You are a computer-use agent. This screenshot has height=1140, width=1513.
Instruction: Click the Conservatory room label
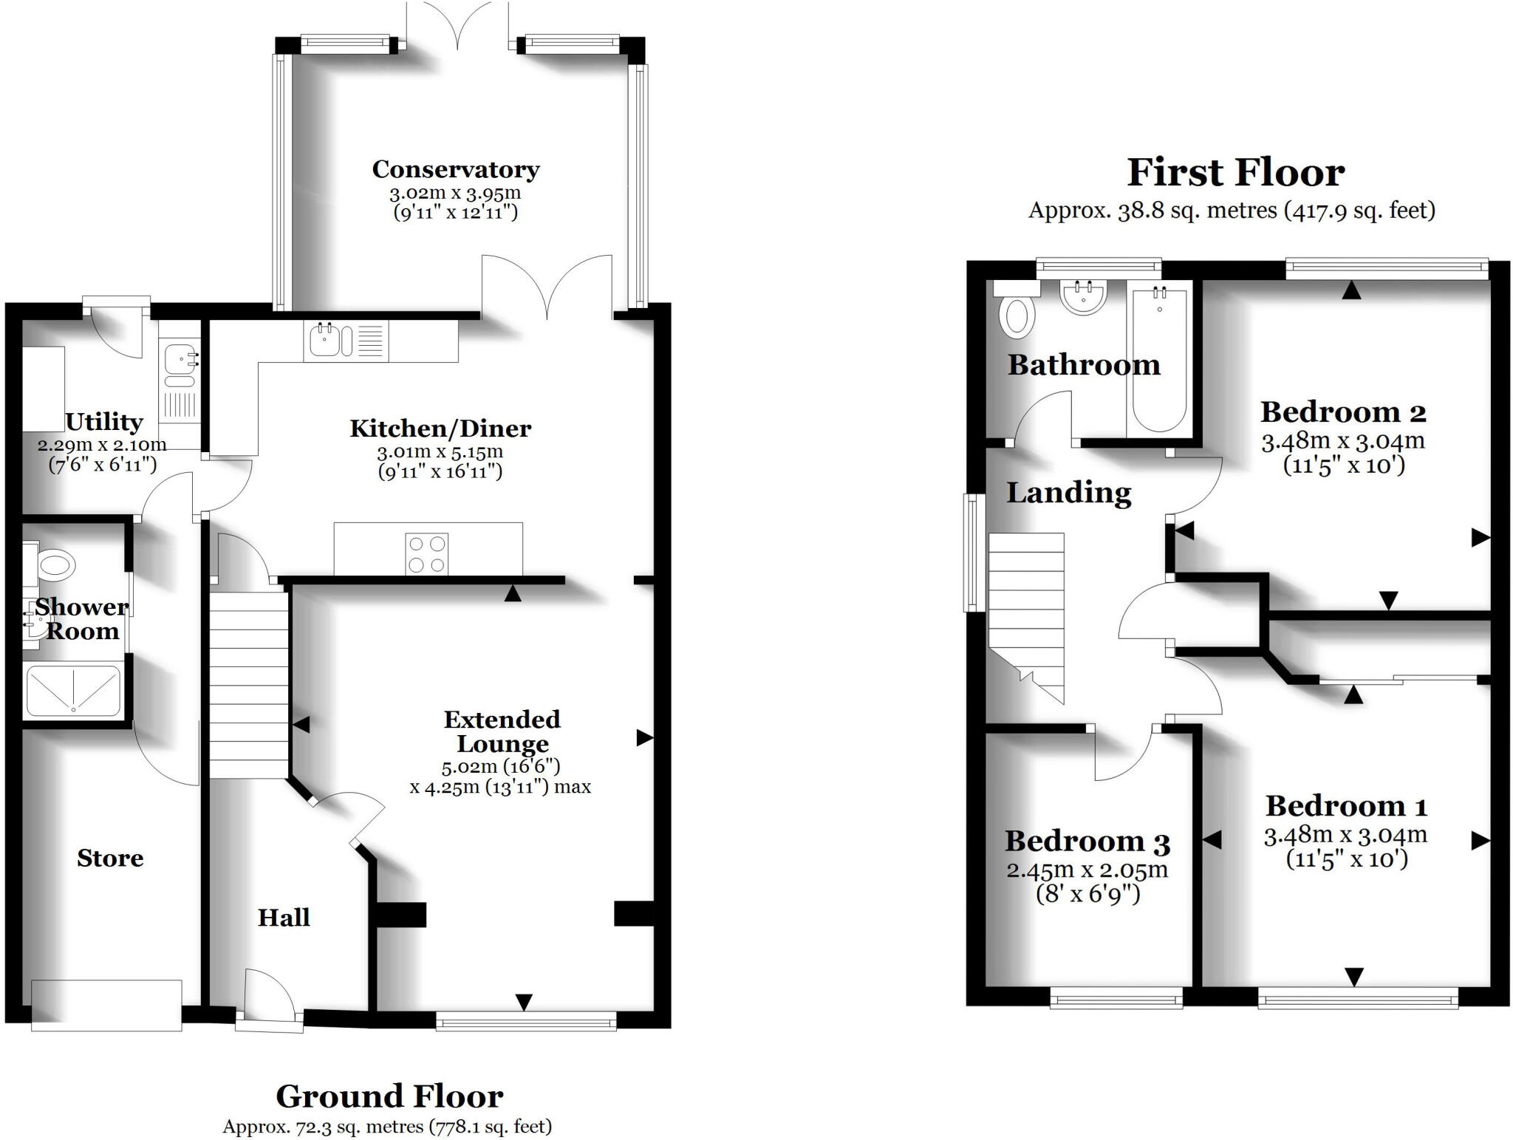(x=455, y=169)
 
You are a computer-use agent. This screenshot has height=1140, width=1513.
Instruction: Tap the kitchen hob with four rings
(x=427, y=553)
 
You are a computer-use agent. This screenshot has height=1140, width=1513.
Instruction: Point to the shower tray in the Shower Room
(x=73, y=690)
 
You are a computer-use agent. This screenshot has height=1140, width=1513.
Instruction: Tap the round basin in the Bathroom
(x=1084, y=296)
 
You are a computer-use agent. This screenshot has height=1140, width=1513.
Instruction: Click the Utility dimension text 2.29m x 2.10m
(x=102, y=445)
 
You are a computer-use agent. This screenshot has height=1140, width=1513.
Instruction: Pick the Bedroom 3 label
(x=1087, y=842)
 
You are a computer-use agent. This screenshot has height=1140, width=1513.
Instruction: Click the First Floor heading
(x=1235, y=173)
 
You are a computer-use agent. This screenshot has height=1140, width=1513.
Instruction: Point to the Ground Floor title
(x=389, y=1096)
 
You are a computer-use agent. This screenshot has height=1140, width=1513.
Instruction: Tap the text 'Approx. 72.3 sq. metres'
(x=324, y=1127)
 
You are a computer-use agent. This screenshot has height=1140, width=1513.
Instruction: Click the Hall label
(x=284, y=918)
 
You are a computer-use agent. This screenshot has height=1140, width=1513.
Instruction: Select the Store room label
(x=110, y=858)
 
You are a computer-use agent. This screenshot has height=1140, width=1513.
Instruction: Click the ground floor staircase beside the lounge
(x=248, y=680)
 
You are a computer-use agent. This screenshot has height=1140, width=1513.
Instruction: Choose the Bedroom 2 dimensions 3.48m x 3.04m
(x=1342, y=442)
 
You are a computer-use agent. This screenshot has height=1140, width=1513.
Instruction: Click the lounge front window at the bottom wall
(x=526, y=1022)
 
